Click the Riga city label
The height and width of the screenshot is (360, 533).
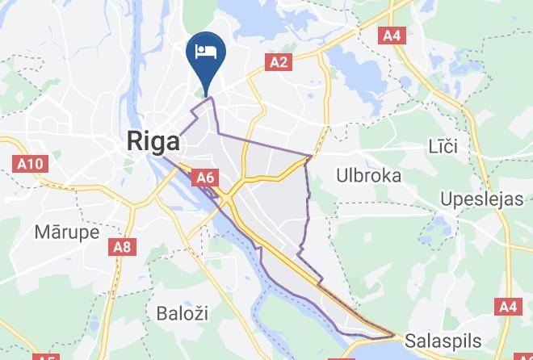[x=153, y=142]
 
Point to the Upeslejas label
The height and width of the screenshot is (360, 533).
[x=482, y=199]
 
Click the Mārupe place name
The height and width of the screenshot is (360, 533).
[x=67, y=232]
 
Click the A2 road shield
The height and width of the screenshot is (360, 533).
[x=279, y=62]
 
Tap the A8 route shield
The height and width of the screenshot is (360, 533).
[x=121, y=246]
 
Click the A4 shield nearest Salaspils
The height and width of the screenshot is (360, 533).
[x=506, y=307]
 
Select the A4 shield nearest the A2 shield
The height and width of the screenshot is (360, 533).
[x=392, y=36]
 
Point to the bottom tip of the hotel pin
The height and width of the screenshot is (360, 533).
[x=207, y=94]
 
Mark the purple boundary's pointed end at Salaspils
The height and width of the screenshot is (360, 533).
[x=394, y=334]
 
